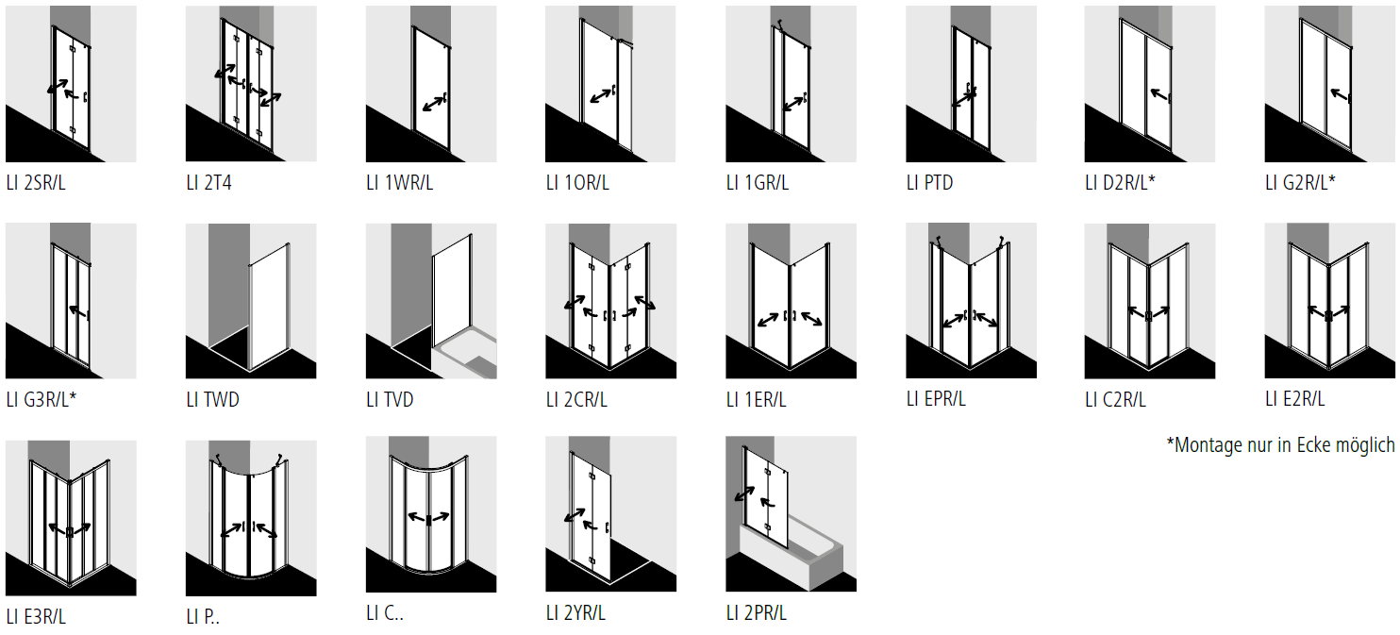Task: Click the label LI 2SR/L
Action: coord(36,182)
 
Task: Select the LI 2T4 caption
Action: coord(208,182)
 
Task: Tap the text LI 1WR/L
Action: coord(399,182)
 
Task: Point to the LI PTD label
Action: coord(929,182)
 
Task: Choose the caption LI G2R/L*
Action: coord(1300,182)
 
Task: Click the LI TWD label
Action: coord(212,399)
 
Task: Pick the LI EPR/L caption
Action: coord(936,398)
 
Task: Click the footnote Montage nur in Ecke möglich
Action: coord(1280,445)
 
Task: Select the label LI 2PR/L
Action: coord(757,613)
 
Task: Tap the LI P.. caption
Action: coord(203,617)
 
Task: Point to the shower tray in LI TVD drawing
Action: coord(466,357)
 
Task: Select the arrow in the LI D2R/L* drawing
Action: coord(1159,95)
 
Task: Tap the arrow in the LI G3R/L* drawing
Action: coord(77,311)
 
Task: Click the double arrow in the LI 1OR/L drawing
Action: coord(601,95)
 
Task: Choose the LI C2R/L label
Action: coord(1116,399)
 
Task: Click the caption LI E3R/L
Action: coord(36,617)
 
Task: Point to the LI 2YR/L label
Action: coord(575,613)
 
